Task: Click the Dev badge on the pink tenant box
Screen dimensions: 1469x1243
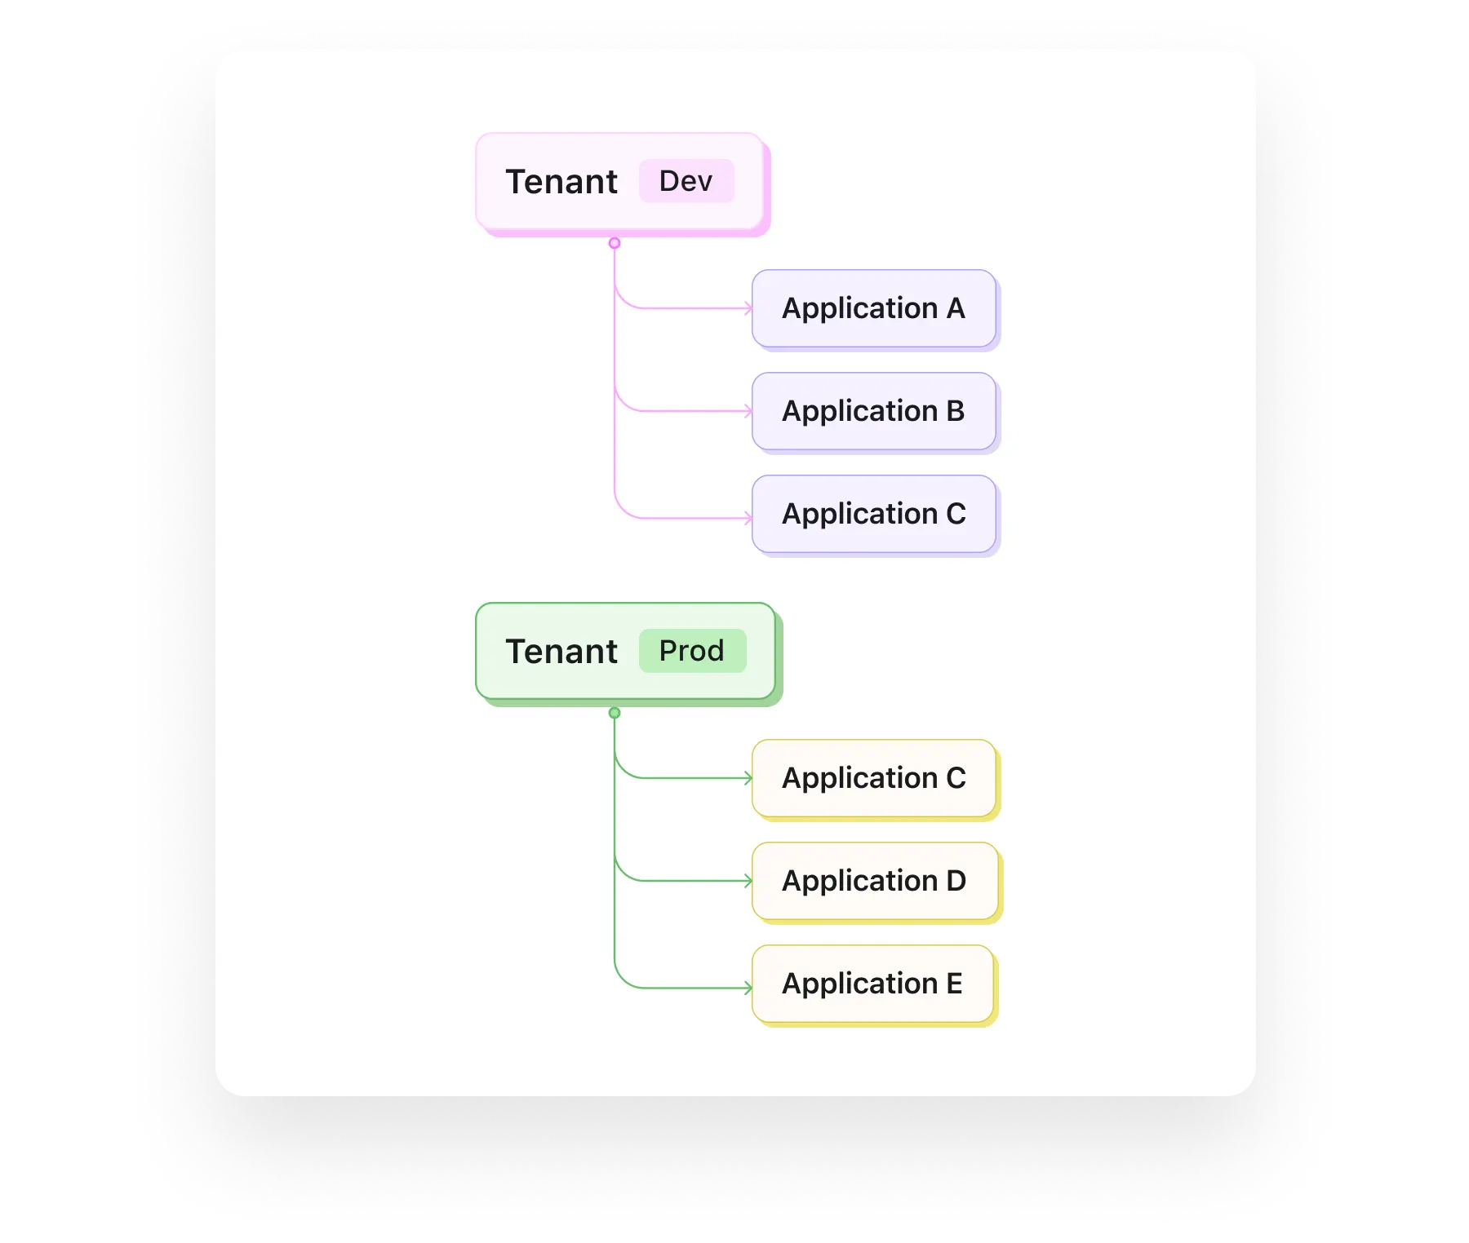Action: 686,181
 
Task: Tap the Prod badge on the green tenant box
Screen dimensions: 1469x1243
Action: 692,651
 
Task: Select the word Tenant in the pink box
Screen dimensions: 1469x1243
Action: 561,182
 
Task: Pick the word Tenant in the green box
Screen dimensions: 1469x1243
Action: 561,652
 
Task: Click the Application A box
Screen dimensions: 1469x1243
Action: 874,309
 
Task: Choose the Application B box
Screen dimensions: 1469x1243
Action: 874,412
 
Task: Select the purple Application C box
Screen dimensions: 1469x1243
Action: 874,515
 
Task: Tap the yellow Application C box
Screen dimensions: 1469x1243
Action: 874,779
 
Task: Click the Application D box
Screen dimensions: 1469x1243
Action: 874,882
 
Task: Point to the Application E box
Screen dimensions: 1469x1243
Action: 873,984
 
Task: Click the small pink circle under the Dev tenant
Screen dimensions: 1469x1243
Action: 615,243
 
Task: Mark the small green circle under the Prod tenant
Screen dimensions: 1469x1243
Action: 615,713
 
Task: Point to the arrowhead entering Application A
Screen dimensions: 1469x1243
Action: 748,308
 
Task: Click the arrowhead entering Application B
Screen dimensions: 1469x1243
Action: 748,411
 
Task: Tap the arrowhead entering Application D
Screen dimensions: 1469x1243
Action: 748,881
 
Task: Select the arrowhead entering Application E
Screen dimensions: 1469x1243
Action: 748,989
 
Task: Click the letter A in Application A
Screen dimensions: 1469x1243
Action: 956,308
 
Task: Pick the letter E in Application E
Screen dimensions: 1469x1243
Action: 954,984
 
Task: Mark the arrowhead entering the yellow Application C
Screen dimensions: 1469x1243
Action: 748,778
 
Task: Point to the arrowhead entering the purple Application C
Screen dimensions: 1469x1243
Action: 748,518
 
